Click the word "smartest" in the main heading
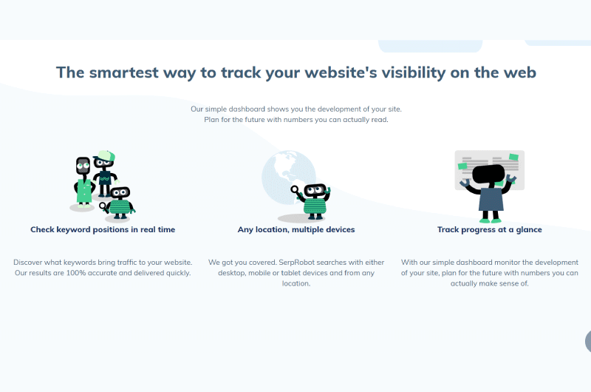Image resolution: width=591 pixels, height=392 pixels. pyautogui.click(x=123, y=72)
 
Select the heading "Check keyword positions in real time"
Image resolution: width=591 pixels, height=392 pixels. pyautogui.click(x=103, y=229)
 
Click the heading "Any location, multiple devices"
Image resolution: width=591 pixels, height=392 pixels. pyautogui.click(x=296, y=229)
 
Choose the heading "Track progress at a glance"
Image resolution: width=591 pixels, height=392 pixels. pyautogui.click(x=490, y=229)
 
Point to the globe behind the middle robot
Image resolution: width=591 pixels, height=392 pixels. pyautogui.click(x=287, y=175)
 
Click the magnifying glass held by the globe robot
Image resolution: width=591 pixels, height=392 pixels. pyautogui.click(x=295, y=190)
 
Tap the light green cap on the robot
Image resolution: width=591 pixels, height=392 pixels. pyautogui.click(x=105, y=155)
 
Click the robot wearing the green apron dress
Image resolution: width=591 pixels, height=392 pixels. pyautogui.click(x=83, y=182)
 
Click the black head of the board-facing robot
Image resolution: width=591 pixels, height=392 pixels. pyautogui.click(x=488, y=174)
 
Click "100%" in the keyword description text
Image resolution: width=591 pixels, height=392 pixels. pyautogui.click(x=76, y=273)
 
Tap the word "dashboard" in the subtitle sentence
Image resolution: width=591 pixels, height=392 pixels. pyautogui.click(x=247, y=109)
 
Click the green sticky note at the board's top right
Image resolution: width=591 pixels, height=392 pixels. pyautogui.click(x=513, y=157)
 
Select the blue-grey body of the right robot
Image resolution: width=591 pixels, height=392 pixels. pyautogui.click(x=491, y=200)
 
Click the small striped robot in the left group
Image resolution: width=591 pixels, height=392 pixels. pyautogui.click(x=119, y=203)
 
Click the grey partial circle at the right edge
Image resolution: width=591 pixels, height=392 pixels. pyautogui.click(x=588, y=341)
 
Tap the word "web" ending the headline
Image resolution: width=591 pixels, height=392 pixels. pyautogui.click(x=520, y=72)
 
